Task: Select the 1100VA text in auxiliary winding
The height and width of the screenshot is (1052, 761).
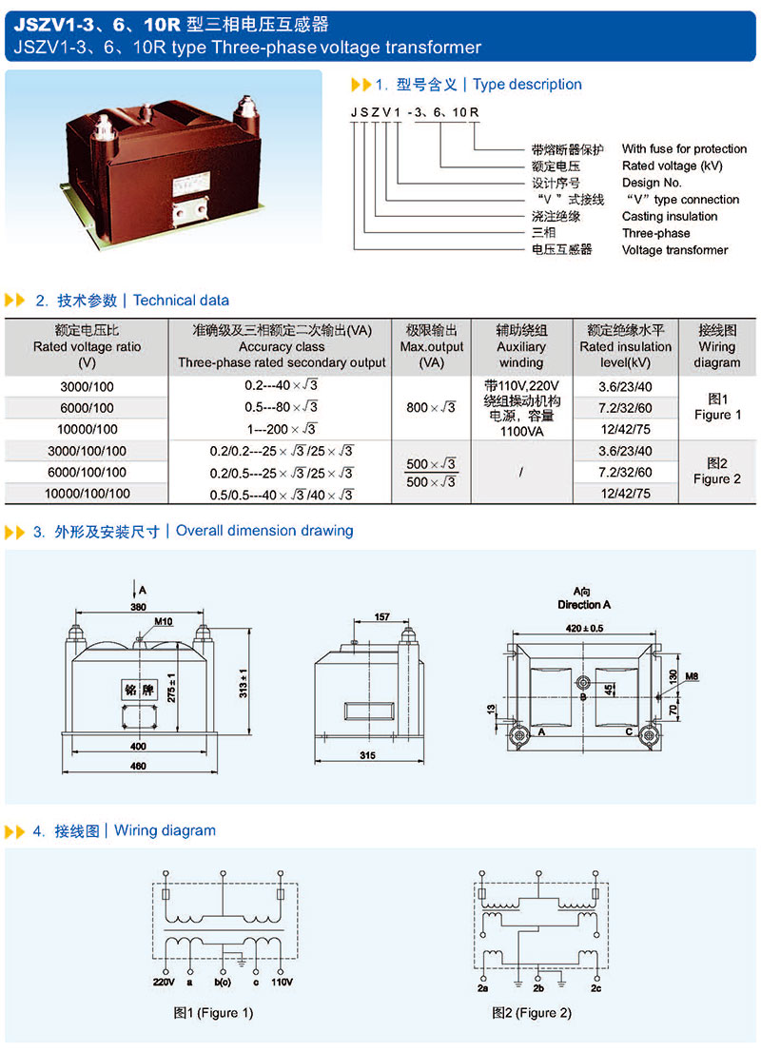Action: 520,430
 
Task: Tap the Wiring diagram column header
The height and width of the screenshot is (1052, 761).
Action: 716,346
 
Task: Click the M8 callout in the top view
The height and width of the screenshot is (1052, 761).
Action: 692,676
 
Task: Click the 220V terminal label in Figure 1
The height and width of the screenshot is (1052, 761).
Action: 163,981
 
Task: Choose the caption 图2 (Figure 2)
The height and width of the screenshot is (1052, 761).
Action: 531,1013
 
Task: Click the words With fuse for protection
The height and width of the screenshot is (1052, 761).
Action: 684,149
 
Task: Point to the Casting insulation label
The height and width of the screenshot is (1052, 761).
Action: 670,216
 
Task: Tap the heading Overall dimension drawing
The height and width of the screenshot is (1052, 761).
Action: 264,531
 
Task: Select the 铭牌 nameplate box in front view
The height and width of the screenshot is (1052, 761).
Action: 140,690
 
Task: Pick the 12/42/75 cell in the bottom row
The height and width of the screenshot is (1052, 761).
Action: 625,494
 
